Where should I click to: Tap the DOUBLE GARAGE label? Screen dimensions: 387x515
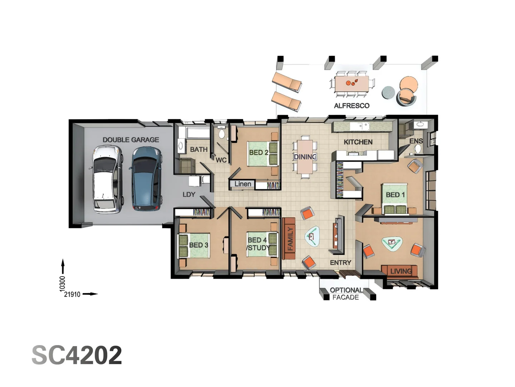[x=131, y=140]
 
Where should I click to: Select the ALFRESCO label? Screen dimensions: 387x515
[x=351, y=106]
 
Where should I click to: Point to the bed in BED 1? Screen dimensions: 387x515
[x=395, y=199]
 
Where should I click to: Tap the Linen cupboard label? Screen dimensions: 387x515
[x=242, y=184]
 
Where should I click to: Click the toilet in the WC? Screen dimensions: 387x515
[x=222, y=134]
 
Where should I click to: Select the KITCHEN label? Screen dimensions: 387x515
[x=358, y=142]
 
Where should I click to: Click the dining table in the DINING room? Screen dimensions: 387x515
[x=305, y=157]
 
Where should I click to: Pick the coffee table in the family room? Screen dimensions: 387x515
[x=312, y=236]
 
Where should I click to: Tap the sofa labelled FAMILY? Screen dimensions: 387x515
[x=289, y=238]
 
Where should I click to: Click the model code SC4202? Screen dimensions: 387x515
[x=77, y=355]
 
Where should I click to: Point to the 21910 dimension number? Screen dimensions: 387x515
[x=72, y=294]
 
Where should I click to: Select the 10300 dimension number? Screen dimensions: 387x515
[x=63, y=283]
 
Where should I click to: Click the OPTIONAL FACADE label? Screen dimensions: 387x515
[x=345, y=293]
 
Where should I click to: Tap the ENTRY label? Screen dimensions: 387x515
[x=340, y=263]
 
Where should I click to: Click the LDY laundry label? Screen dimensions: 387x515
[x=189, y=194]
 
